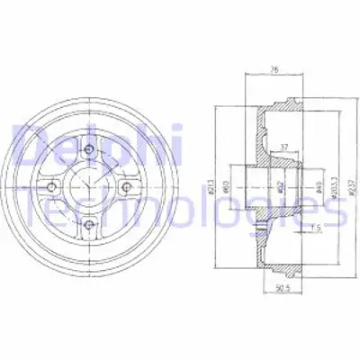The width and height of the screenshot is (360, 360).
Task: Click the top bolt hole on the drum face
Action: [89, 148]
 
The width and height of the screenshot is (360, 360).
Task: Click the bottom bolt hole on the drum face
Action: [89, 225]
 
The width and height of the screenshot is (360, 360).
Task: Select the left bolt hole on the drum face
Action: [51, 186]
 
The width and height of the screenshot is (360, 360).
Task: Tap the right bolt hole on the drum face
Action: [127, 186]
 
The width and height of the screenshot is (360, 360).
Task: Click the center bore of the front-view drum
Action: [89, 186]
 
